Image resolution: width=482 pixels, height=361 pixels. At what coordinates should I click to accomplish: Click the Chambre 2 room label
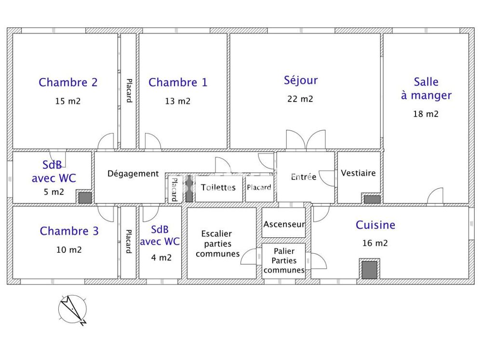coord(68,82)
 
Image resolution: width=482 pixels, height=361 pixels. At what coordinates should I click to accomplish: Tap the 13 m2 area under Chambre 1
coord(177,101)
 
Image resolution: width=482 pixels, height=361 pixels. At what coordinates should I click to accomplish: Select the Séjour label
coord(301,80)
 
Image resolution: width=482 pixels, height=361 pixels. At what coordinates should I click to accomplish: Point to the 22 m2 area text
coord(301,99)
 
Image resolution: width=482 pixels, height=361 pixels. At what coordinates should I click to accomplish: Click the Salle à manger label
coord(426,89)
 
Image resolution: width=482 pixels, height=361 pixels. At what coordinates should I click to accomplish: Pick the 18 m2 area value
coord(426,114)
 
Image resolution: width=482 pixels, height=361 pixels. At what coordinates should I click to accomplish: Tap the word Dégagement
coord(133,174)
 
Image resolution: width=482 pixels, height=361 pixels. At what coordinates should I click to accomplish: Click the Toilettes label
coord(218,187)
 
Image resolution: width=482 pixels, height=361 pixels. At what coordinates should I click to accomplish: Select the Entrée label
coord(304,177)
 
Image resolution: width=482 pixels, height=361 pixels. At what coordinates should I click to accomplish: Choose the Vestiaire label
coord(358,173)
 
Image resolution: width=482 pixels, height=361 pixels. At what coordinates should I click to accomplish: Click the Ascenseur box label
coord(284,224)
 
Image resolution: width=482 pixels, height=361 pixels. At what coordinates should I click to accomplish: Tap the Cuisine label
coord(375,225)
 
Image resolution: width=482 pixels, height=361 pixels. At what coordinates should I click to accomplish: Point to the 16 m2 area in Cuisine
coord(375,243)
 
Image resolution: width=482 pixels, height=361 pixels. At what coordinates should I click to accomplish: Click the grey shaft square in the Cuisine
coord(370,270)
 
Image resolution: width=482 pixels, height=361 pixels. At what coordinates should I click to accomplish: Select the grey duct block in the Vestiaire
coord(372,199)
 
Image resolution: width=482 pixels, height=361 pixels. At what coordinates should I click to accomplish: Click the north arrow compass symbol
coord(72,309)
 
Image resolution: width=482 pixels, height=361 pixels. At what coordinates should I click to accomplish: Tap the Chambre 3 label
coord(69,231)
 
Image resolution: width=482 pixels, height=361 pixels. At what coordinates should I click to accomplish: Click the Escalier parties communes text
coord(217,244)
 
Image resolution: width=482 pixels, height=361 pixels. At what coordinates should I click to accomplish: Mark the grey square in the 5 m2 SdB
coord(85,197)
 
